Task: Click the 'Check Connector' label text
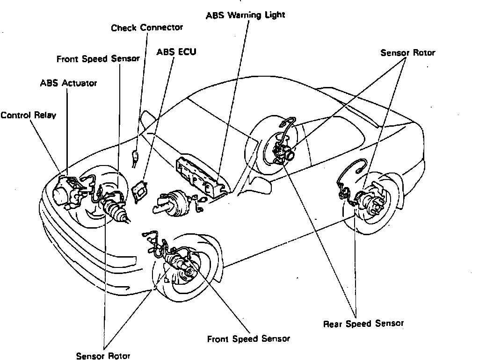click(147, 28)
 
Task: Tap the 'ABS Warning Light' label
click(245, 15)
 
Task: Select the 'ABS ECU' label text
click(176, 51)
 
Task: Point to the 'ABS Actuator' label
click(68, 83)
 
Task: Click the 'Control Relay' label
click(28, 115)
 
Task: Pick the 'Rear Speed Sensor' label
click(363, 324)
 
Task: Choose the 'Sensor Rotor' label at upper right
click(407, 52)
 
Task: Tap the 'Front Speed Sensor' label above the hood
click(98, 59)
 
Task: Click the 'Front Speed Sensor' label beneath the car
click(248, 339)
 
